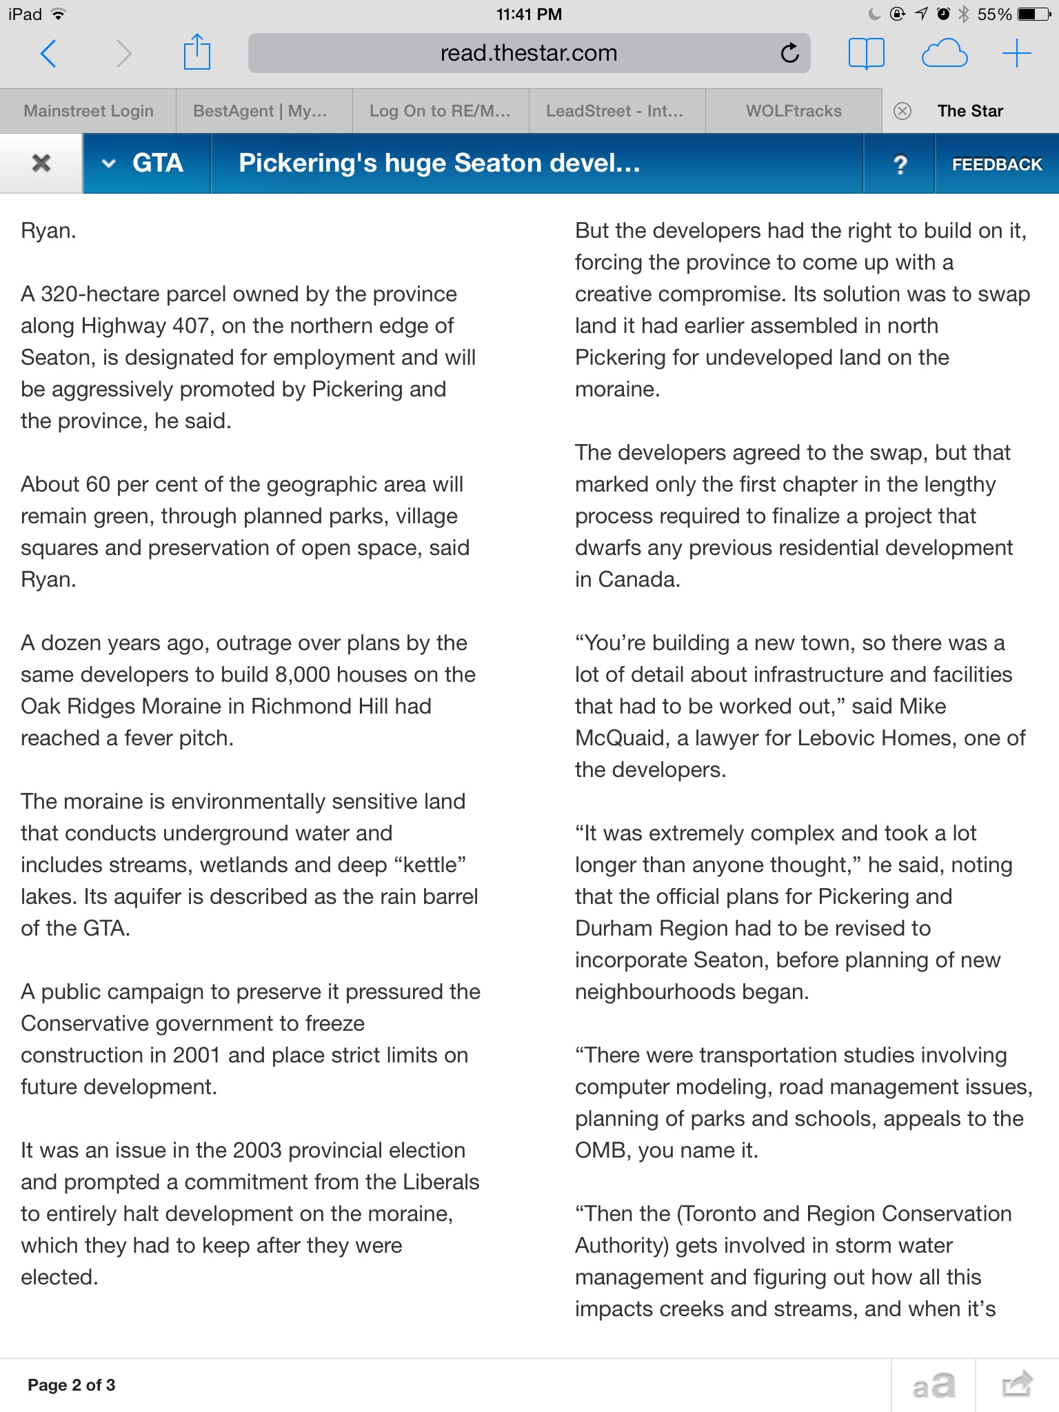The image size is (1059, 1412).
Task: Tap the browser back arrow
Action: (x=48, y=54)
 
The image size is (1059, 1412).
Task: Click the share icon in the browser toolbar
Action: (x=196, y=53)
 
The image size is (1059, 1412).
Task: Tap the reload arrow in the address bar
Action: (x=789, y=53)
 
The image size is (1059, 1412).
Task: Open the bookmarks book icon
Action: (x=866, y=54)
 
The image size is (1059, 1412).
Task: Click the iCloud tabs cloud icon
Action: (x=944, y=54)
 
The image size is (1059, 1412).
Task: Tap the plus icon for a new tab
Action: (x=1016, y=54)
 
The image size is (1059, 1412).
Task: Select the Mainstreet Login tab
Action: (x=88, y=111)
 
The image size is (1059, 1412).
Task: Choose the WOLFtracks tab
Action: (x=794, y=111)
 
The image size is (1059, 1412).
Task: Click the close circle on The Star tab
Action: (x=902, y=111)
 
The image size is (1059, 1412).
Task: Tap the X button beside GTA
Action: (x=41, y=163)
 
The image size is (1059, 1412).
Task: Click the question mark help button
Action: (x=900, y=164)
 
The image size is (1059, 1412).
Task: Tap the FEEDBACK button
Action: (x=997, y=164)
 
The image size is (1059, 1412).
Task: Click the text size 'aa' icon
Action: (x=934, y=1385)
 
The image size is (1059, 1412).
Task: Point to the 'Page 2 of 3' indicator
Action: (x=72, y=1385)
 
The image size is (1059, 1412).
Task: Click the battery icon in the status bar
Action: (x=1034, y=14)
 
